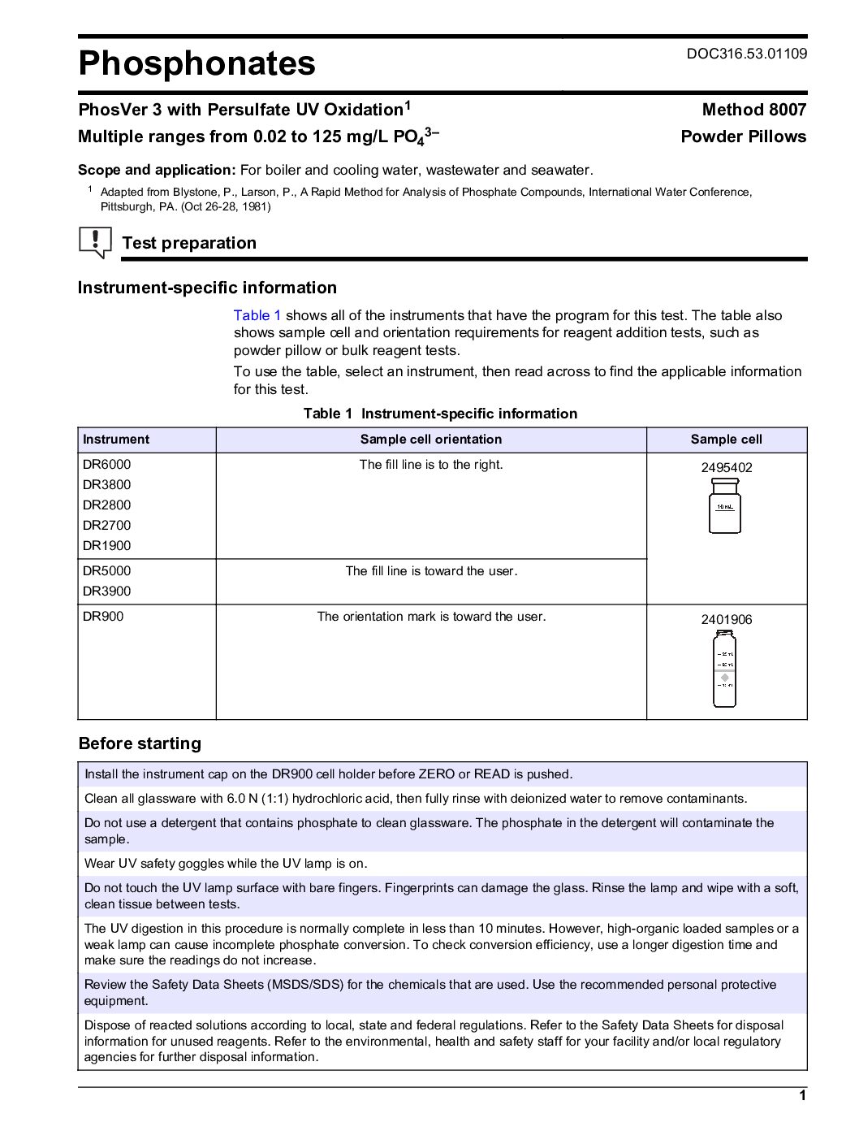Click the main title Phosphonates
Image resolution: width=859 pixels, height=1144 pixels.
point(196,63)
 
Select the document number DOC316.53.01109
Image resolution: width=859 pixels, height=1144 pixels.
point(746,54)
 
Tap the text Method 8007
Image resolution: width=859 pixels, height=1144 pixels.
point(753,110)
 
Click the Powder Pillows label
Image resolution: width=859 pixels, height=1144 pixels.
point(743,136)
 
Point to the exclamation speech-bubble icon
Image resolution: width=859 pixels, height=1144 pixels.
point(95,242)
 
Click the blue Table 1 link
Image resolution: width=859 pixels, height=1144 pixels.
point(257,315)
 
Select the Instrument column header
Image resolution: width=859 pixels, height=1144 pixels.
point(116,440)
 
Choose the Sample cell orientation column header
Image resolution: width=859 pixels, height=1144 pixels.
point(430,440)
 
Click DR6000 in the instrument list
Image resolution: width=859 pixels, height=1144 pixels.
point(106,465)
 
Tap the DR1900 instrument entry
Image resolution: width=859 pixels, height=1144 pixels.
point(106,546)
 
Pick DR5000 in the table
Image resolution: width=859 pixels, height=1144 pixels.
point(106,571)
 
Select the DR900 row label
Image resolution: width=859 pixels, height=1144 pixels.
point(103,617)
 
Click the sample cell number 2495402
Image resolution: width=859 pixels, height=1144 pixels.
point(726,468)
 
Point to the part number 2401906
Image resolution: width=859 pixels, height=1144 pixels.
point(726,620)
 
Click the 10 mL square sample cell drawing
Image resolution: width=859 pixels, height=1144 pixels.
point(724,505)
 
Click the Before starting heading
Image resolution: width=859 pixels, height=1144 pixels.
point(140,743)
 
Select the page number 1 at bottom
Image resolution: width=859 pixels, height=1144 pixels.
point(802,1095)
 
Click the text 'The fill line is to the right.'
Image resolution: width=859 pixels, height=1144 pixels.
point(430,465)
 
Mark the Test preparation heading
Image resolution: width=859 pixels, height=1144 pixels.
point(188,243)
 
